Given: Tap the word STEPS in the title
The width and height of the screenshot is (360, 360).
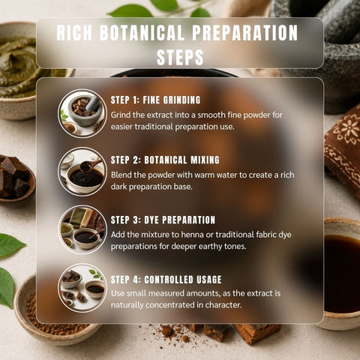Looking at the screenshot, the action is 180,57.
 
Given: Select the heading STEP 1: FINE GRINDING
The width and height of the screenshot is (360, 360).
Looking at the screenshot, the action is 155,100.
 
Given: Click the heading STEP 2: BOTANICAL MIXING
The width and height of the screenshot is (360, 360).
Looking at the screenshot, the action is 165,160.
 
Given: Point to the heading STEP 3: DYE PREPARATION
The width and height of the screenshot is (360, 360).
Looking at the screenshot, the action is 163,220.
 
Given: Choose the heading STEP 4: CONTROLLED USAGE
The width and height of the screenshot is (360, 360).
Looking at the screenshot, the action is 166,280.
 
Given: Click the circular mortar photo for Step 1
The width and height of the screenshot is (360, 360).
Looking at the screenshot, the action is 82,113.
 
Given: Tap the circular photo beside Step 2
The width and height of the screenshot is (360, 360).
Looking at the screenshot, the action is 82,172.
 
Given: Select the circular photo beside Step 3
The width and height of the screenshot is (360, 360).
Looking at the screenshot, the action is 82,229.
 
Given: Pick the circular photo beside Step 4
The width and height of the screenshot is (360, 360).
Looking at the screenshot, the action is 82,288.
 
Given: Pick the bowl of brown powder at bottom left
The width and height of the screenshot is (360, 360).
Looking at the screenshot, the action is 50,317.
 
